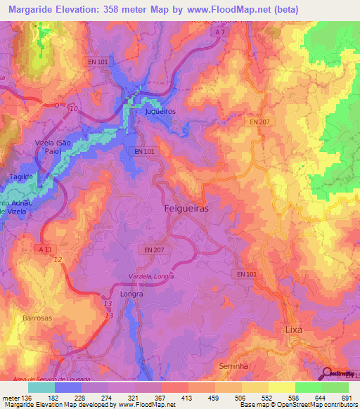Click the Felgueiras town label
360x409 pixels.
(186, 209)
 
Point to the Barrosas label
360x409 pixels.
(37, 318)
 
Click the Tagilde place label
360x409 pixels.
(21, 178)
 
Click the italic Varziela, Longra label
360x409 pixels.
(152, 276)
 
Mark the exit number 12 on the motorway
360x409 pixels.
(58, 260)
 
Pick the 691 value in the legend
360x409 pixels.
(345, 398)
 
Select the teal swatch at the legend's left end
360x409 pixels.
(41, 387)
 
